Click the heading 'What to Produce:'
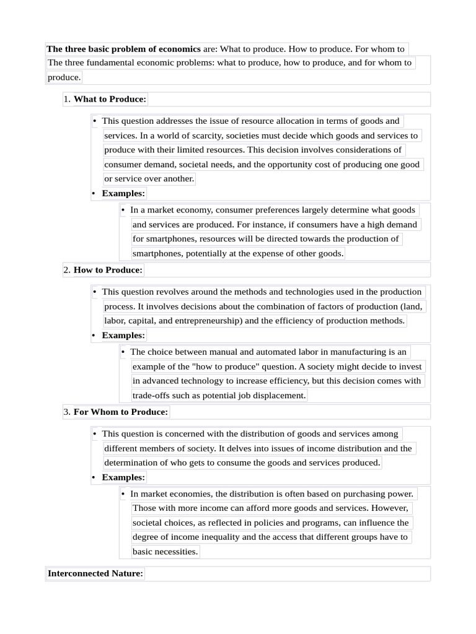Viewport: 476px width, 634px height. click(x=110, y=99)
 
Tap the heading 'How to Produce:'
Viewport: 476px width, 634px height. click(x=108, y=270)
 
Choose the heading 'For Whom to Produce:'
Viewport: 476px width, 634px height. click(x=121, y=412)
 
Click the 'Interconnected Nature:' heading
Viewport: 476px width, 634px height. click(x=95, y=573)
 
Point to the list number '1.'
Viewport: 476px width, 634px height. click(x=67, y=99)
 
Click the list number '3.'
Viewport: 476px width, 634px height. click(x=67, y=412)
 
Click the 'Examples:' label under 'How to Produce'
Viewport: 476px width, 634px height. click(x=123, y=336)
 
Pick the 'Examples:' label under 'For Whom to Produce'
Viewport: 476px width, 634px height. click(x=123, y=477)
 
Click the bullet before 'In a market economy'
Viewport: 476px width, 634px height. click(x=123, y=210)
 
